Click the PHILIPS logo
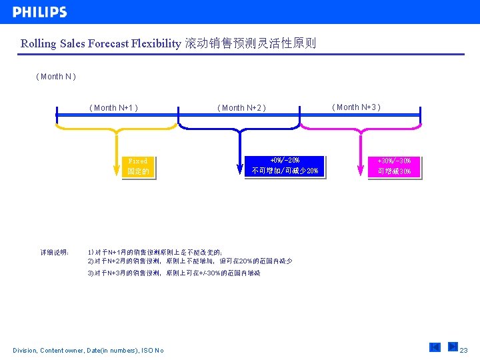pos(39,12)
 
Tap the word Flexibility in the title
pos(154,44)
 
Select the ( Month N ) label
pos(56,77)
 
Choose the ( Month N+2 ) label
pos(241,108)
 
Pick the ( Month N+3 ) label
pos(357,107)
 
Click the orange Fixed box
pos(139,167)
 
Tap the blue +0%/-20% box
pos(285,166)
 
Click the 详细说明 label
pos(55,253)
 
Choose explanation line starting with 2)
pos(189,261)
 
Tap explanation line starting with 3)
pos(173,273)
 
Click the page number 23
pos(464,350)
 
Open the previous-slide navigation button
pos(435,347)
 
